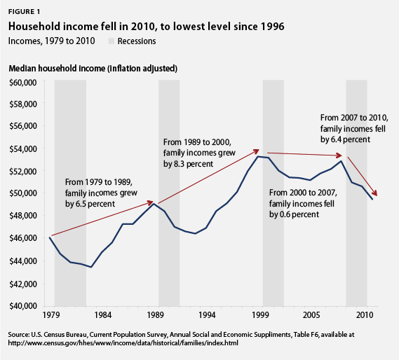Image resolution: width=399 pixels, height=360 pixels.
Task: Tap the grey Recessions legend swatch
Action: (112, 41)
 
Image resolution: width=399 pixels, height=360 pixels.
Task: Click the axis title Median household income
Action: (93, 68)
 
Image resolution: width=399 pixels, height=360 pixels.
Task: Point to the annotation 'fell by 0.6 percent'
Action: (304, 203)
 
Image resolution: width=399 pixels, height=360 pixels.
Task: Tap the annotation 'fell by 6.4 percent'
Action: (354, 128)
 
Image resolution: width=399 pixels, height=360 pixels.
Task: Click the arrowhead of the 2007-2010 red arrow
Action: (376, 195)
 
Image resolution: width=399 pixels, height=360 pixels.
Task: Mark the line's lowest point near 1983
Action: (91, 267)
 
